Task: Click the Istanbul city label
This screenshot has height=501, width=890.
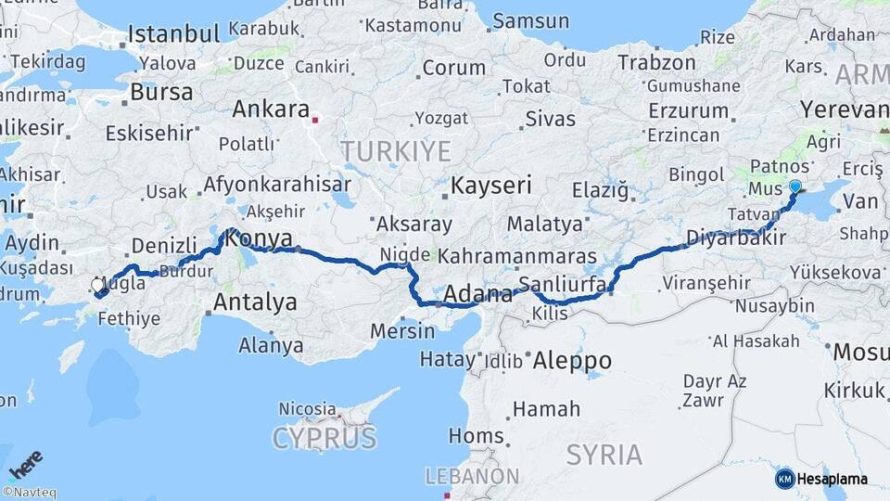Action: point(173,34)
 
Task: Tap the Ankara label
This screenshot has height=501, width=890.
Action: point(271,109)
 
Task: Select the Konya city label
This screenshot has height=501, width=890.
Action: point(260,238)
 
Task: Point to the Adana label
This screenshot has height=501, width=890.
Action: point(479,296)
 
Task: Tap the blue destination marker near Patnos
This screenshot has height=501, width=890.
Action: point(795,186)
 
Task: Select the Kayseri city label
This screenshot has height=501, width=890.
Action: point(490,185)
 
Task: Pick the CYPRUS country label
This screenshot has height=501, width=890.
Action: point(324,438)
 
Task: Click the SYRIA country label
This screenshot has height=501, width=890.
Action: point(604,455)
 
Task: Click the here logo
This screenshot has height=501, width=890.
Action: point(25,463)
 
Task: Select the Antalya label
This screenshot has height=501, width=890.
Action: point(255,302)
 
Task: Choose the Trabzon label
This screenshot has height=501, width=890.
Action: point(656,63)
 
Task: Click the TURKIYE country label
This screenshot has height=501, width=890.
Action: point(396,151)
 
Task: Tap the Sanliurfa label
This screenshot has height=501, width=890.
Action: point(563,284)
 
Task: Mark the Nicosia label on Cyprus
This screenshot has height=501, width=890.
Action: point(307,408)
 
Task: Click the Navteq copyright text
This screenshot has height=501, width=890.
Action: point(29,493)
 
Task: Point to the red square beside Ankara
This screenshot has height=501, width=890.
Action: point(316,119)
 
